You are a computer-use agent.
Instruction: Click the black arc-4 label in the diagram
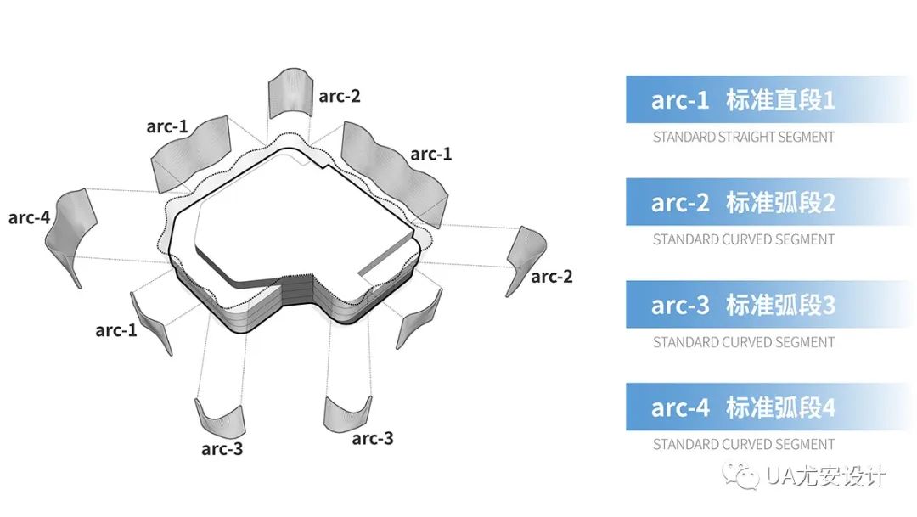coord(29,217)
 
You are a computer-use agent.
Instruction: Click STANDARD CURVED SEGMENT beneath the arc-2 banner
coord(744,239)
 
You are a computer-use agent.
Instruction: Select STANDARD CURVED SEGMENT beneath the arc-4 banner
coord(744,445)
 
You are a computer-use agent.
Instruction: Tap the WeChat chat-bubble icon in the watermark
coord(741,475)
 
